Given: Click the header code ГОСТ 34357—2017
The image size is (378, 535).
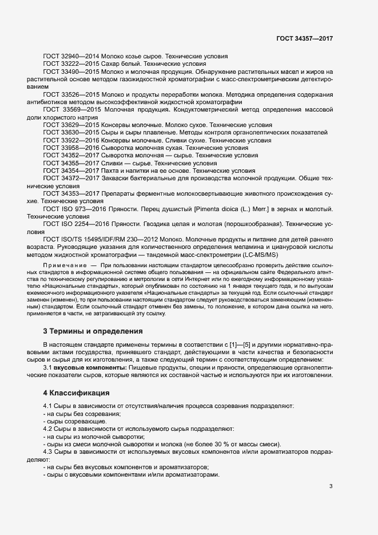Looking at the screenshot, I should click(304, 38).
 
